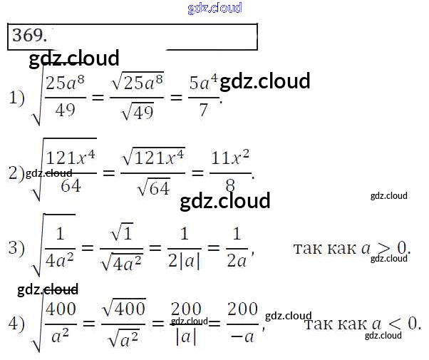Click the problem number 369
(29, 36)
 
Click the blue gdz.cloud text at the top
(214, 8)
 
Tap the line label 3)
(16, 249)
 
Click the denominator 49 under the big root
(65, 111)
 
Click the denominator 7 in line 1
(204, 110)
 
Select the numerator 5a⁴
(204, 85)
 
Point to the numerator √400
(125, 308)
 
